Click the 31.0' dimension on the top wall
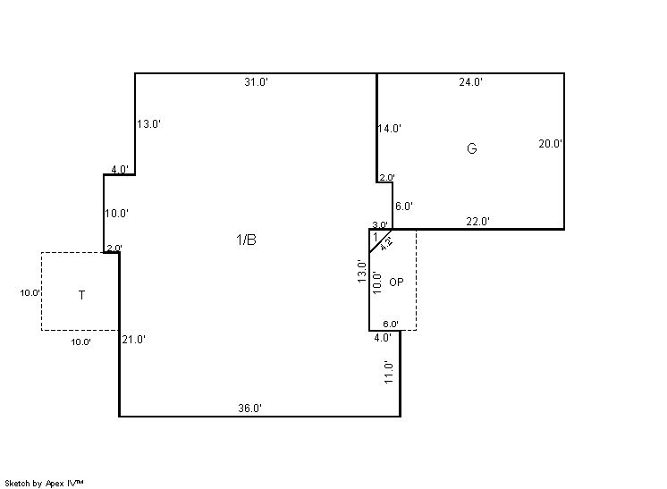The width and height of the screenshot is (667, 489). tap(256, 81)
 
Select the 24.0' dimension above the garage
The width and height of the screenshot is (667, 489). tap(470, 81)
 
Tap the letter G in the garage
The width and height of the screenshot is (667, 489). tap(472, 148)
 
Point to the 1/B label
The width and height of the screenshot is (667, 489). tap(246, 240)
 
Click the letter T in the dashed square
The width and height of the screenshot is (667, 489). tap(81, 295)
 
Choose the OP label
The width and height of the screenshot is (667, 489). tap(396, 282)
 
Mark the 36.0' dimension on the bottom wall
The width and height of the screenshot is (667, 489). tap(249, 409)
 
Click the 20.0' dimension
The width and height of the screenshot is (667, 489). tap(551, 144)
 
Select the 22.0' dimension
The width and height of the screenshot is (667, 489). tap(477, 221)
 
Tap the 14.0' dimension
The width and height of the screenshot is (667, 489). tap(390, 128)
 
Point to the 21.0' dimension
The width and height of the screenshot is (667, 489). tap(133, 340)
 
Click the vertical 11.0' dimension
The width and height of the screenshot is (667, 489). tap(388, 372)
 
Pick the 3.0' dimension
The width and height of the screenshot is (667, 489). tap(380, 225)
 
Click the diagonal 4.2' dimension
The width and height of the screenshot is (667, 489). tap(386, 244)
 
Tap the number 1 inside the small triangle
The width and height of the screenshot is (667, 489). tap(376, 236)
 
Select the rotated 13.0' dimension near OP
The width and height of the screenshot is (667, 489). tap(361, 271)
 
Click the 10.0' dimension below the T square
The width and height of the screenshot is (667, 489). tap(80, 341)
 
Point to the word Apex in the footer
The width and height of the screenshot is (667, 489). tap(55, 484)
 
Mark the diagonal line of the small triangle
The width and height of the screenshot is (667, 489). tap(381, 241)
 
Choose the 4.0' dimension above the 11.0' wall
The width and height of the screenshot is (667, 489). tap(383, 338)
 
